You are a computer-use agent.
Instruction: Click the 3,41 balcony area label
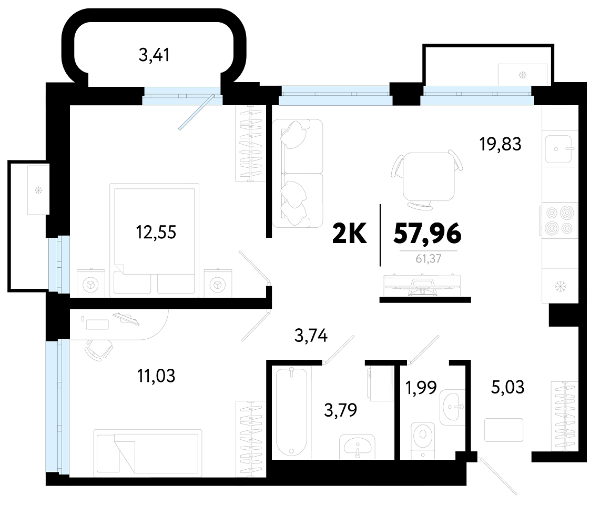[154, 55]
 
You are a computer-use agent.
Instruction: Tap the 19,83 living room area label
[500, 144]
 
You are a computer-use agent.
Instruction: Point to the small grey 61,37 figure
[428, 259]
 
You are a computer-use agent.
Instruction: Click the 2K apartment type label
[349, 234]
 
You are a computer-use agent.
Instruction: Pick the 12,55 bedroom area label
[156, 232]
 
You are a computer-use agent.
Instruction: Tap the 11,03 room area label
[156, 376]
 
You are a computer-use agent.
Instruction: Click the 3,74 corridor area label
[311, 336]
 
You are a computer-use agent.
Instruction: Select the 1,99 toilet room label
[421, 388]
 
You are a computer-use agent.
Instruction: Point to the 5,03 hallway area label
[507, 387]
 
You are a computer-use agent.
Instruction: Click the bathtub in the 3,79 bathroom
[291, 412]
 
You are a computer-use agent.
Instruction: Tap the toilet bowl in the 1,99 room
[423, 439]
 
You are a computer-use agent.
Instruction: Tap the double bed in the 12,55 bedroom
[154, 240]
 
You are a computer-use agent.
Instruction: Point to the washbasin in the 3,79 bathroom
[358, 447]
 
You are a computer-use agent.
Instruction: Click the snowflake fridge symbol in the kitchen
[560, 286]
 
